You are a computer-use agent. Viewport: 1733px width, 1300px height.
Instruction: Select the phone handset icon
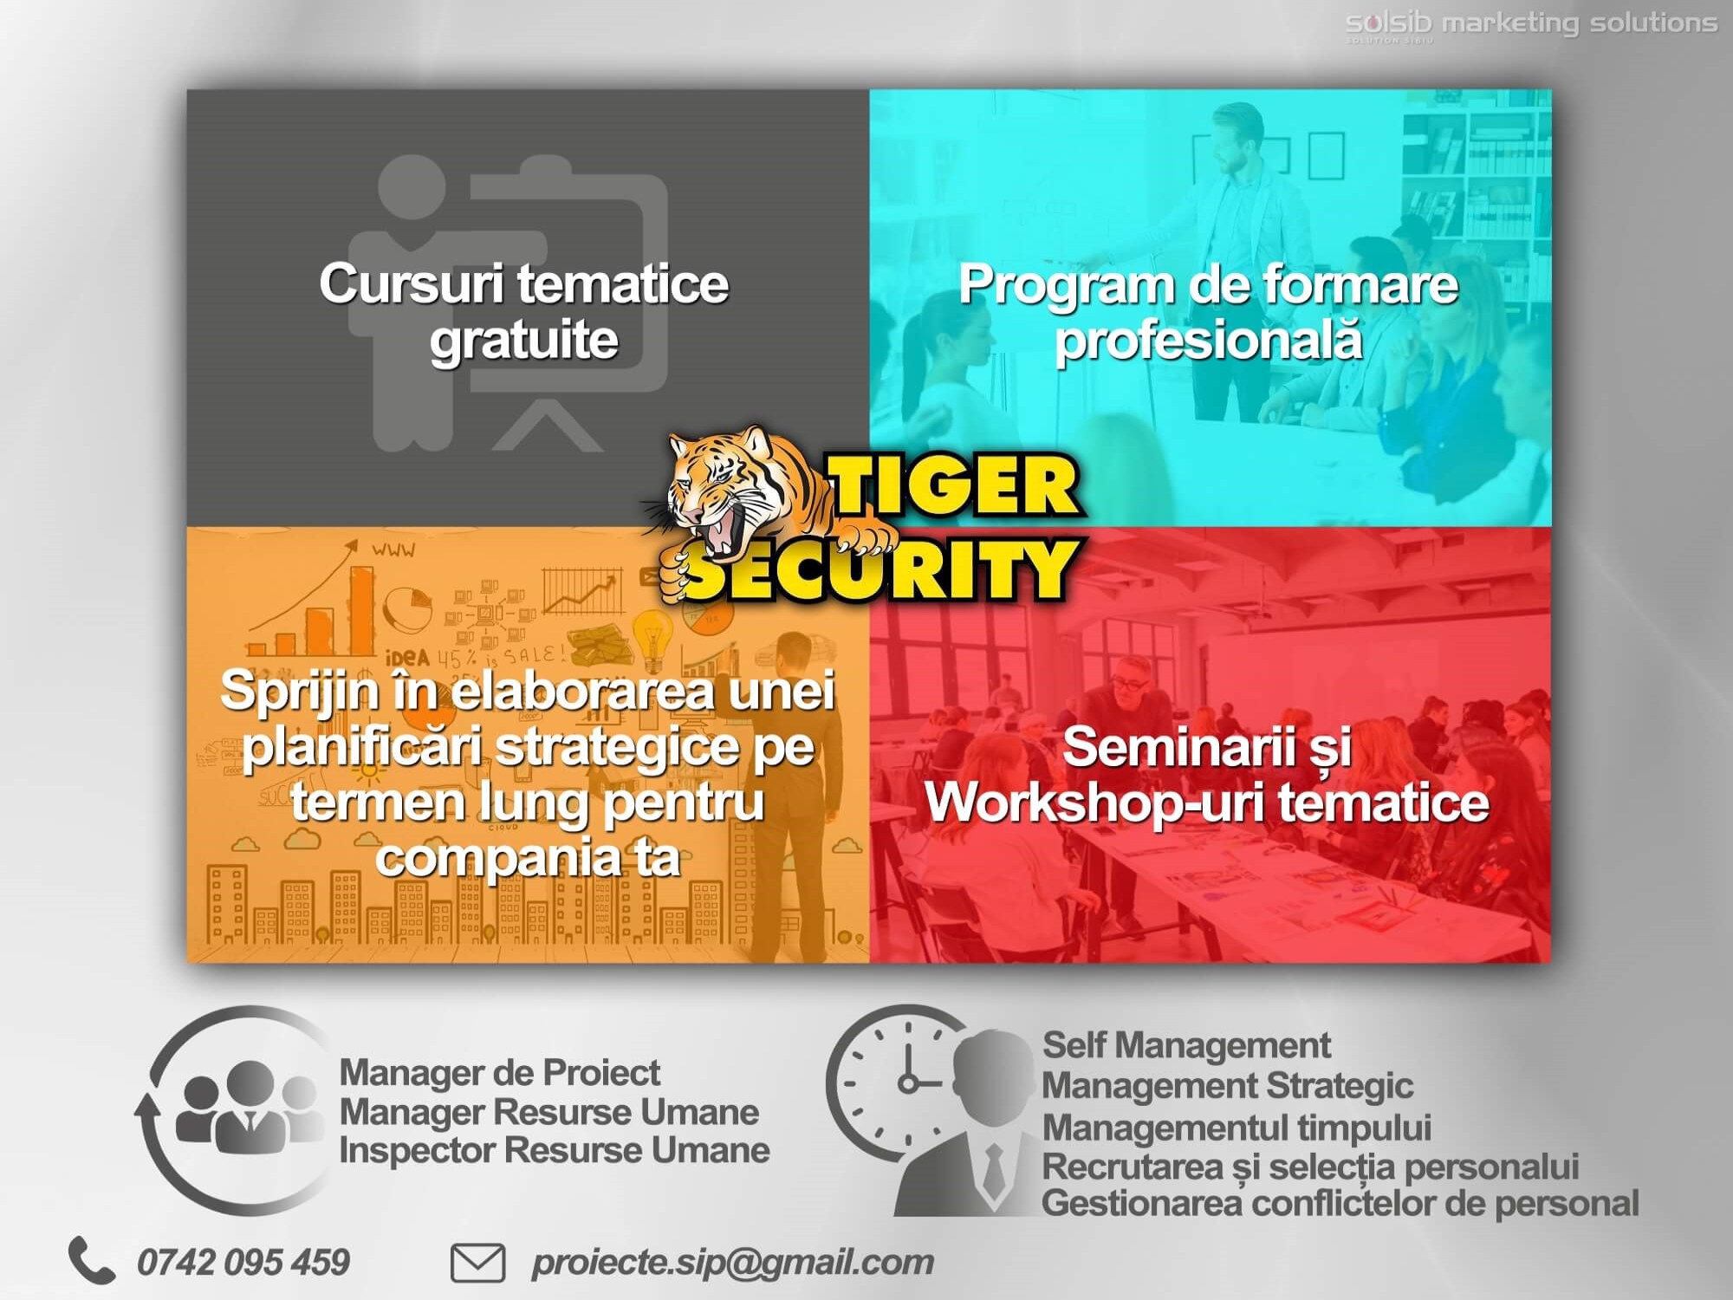[91, 1259]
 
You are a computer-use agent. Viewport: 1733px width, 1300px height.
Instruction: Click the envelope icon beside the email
[477, 1263]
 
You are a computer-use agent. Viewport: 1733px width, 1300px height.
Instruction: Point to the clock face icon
[901, 1083]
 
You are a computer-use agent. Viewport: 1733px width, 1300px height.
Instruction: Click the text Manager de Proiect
[500, 1073]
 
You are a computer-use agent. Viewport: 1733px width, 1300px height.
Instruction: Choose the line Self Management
[1186, 1045]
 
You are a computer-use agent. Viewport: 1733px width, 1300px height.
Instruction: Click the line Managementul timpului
[1236, 1128]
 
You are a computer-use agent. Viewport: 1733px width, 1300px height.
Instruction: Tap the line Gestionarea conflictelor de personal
[1340, 1203]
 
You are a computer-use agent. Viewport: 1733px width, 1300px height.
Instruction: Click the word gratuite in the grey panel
[524, 340]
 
